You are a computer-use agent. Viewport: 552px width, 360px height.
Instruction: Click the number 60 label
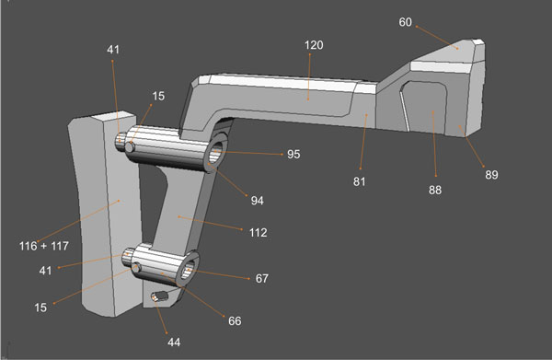tap(406, 23)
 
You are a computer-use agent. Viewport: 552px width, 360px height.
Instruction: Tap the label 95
tap(293, 155)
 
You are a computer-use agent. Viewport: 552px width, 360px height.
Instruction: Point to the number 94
tap(259, 199)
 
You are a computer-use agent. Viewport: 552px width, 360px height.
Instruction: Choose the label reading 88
tap(434, 190)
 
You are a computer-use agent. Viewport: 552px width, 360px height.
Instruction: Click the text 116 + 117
tap(45, 247)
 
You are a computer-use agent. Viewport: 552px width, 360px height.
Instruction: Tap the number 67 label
tap(261, 278)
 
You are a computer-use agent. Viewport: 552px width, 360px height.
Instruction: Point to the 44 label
tap(173, 342)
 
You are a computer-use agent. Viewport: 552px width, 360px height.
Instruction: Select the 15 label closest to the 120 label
tap(158, 96)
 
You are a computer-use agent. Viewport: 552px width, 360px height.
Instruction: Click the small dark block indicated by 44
tap(162, 297)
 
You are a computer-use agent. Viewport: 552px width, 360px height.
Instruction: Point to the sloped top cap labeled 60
tap(451, 57)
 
